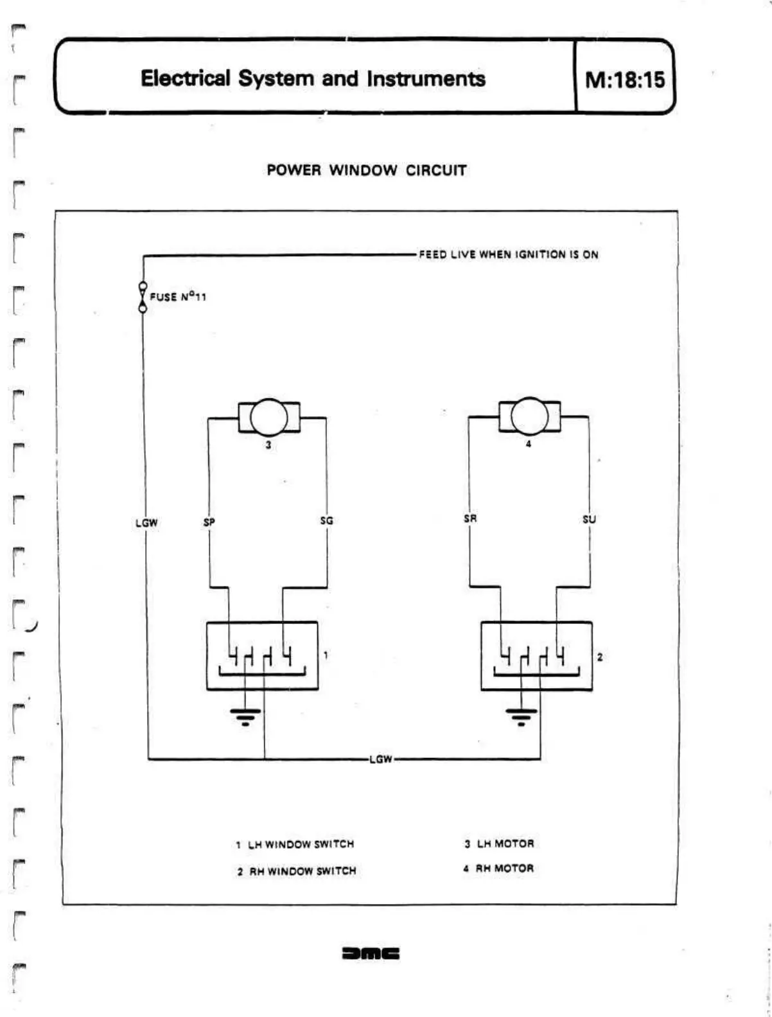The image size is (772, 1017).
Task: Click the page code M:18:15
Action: click(624, 80)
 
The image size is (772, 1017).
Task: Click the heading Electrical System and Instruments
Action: click(313, 78)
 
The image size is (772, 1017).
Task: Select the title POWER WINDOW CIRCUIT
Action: click(367, 170)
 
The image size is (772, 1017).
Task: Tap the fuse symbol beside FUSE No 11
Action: click(143, 297)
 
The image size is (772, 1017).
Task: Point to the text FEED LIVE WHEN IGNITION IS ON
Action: click(508, 254)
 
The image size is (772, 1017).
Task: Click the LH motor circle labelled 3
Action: click(268, 417)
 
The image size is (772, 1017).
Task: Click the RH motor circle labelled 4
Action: click(529, 416)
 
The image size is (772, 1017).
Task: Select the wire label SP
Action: click(209, 522)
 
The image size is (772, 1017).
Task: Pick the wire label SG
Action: click(326, 520)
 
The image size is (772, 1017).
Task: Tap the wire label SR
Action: click(470, 518)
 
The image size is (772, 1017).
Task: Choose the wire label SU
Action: click(588, 519)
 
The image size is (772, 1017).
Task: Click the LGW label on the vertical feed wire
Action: click(146, 523)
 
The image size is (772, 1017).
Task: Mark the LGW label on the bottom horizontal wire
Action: click(380, 759)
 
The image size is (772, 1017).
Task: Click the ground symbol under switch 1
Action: click(245, 715)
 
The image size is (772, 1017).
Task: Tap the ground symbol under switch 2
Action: click(521, 715)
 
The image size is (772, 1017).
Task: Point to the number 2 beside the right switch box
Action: click(599, 657)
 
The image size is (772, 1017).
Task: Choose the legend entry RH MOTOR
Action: click(498, 868)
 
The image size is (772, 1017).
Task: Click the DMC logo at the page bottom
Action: click(371, 953)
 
